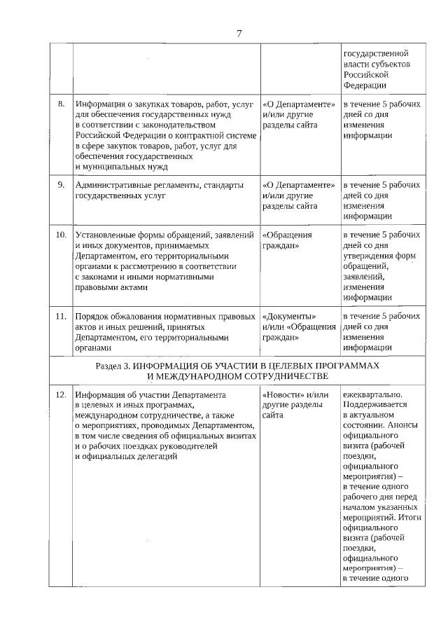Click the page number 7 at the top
(x=239, y=33)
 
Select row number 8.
(x=62, y=104)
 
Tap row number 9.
(x=62, y=185)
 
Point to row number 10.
(x=61, y=235)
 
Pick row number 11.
(x=61, y=316)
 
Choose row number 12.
(x=61, y=394)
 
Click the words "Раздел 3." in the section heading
(x=112, y=366)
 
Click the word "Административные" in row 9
(x=112, y=185)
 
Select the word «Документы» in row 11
(x=283, y=316)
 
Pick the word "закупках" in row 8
(x=145, y=104)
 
